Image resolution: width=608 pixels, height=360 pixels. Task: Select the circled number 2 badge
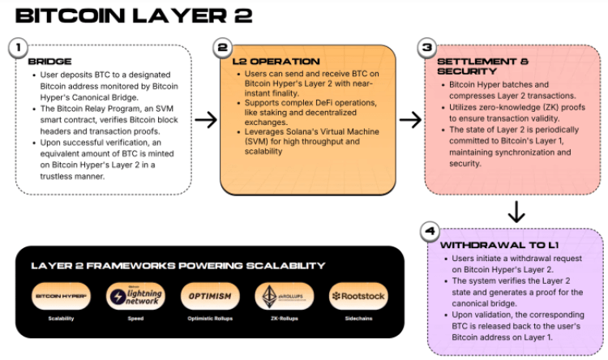coord(221,47)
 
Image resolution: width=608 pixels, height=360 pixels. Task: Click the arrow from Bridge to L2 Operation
coord(206,120)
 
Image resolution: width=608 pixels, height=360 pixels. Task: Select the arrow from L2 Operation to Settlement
coord(410,120)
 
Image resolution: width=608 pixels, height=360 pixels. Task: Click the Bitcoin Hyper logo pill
coord(62,296)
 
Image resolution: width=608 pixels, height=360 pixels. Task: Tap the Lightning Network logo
coord(135,296)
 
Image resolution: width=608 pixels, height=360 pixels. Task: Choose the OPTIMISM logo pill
coord(210,296)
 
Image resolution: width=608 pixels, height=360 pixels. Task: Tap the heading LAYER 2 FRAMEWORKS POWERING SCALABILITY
coord(178,265)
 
